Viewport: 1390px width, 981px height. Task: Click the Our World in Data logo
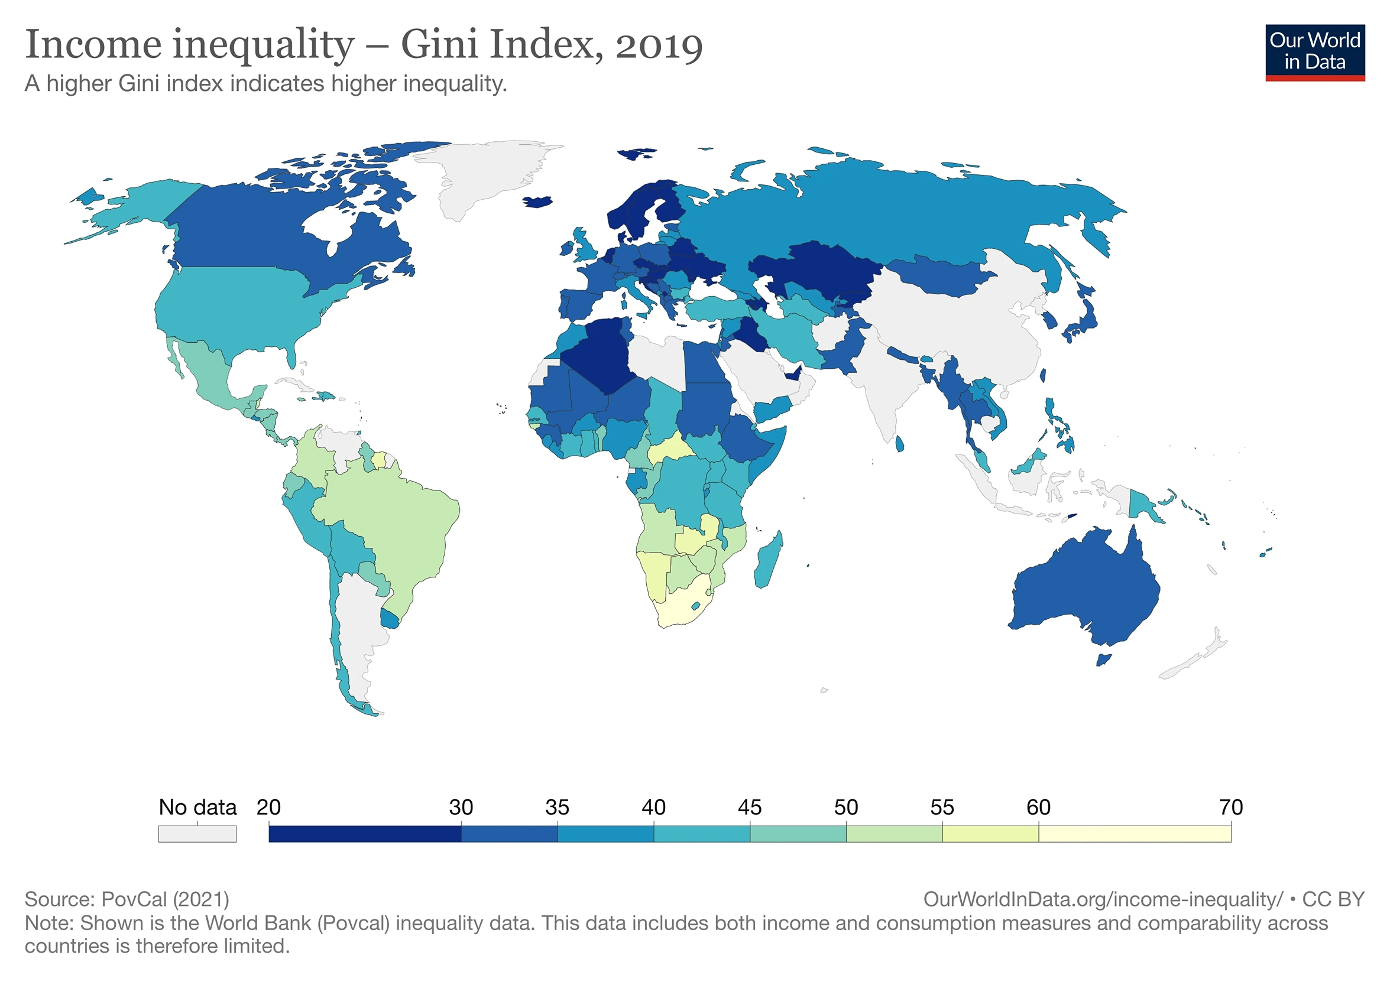1314,52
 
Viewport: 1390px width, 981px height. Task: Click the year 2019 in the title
659,46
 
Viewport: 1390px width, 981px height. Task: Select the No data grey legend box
197,834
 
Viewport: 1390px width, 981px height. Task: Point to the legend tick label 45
749,807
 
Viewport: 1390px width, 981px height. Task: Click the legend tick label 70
1230,807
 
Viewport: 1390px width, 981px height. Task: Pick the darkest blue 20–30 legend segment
364,834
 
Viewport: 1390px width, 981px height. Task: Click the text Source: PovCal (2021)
127,899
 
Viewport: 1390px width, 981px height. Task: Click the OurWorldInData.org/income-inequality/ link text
1102,899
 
